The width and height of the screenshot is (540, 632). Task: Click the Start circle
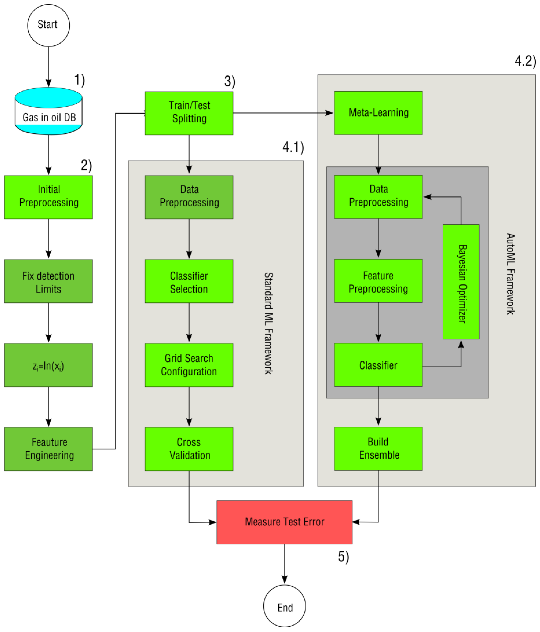[x=48, y=25]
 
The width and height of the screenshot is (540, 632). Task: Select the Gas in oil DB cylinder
[x=48, y=111]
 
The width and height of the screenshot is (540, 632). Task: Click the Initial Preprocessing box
[x=48, y=197]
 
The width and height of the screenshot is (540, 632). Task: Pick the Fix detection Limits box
[x=48, y=281]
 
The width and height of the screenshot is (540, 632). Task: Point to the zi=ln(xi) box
[x=48, y=365]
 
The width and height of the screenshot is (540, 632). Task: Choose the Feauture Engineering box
[x=48, y=449]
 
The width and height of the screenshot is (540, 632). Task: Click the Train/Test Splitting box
[x=189, y=113]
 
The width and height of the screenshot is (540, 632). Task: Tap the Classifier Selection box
[x=189, y=281]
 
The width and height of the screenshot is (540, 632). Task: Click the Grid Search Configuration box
[x=189, y=365]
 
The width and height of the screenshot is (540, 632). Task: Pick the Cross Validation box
[x=189, y=449]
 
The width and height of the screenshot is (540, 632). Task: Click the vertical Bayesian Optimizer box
[x=461, y=282]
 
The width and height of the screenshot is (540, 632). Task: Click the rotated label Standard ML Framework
[x=269, y=323]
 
